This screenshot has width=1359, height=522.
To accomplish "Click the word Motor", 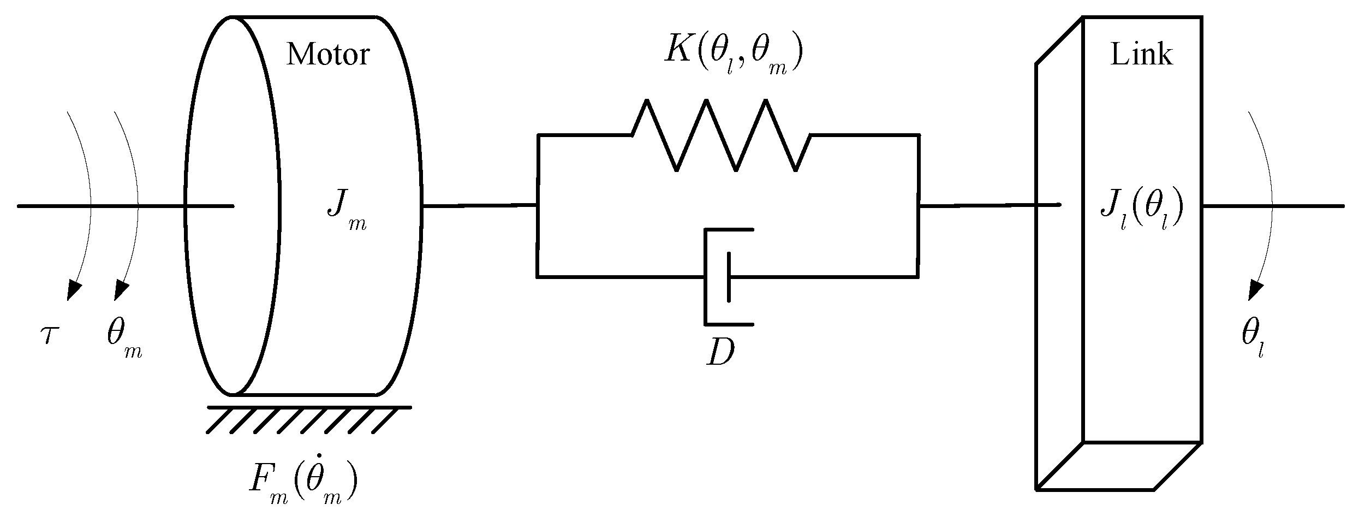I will click(328, 55).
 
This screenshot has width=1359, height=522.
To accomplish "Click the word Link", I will click(1141, 55).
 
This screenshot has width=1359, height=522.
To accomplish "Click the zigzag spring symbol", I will click(721, 135).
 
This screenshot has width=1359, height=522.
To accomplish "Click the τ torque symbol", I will click(49, 334).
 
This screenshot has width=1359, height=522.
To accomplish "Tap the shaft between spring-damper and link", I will click(977, 206).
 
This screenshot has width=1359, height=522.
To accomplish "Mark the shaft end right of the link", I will click(1310, 206).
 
